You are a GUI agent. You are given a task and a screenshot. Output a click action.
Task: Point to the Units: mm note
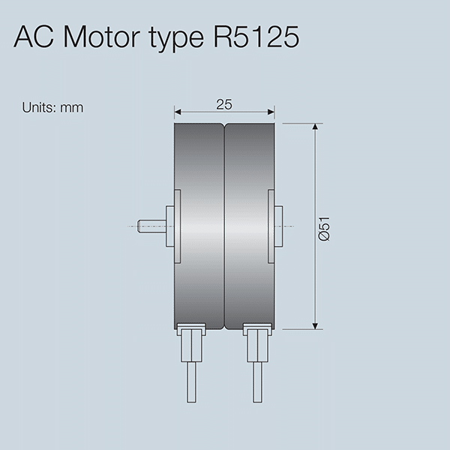52,107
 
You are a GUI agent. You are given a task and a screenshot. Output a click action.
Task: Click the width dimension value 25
223,105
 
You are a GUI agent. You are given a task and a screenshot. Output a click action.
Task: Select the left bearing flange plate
178,226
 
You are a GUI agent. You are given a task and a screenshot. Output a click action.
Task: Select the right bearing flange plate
271,226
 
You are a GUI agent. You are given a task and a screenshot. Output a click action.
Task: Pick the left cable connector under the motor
192,341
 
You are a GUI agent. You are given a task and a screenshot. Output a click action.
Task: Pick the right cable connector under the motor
256,341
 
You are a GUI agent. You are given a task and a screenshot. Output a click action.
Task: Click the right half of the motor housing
247,180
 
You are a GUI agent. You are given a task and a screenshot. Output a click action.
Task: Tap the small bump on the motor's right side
278,226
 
